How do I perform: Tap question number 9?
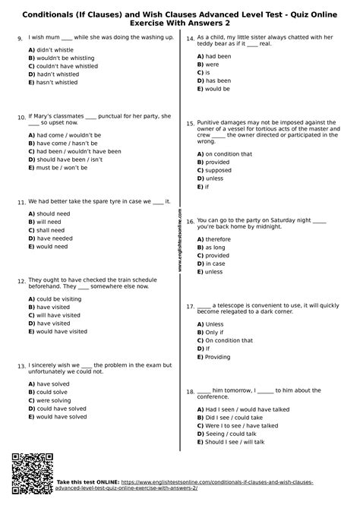pos(19,38)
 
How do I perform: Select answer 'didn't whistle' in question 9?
pos(57,49)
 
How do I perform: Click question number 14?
pos(190,38)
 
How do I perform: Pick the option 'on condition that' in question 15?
pos(229,153)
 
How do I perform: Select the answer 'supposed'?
pos(219,170)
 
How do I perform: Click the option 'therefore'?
pos(218,238)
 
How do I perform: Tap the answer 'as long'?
pos(215,247)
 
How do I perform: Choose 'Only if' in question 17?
pos(214,332)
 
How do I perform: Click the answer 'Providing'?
pos(218,357)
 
